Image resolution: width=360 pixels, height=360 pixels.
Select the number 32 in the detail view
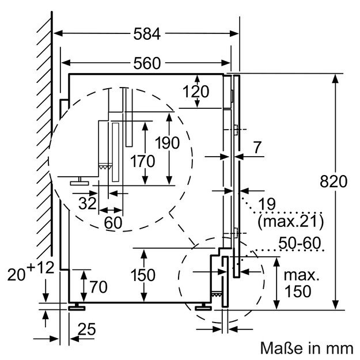click(88, 203)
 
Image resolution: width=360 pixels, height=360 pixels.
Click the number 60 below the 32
click(114, 222)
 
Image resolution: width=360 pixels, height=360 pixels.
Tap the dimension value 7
click(256, 148)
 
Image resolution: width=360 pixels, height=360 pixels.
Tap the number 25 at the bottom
click(88, 330)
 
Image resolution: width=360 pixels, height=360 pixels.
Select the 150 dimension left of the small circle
click(143, 275)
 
